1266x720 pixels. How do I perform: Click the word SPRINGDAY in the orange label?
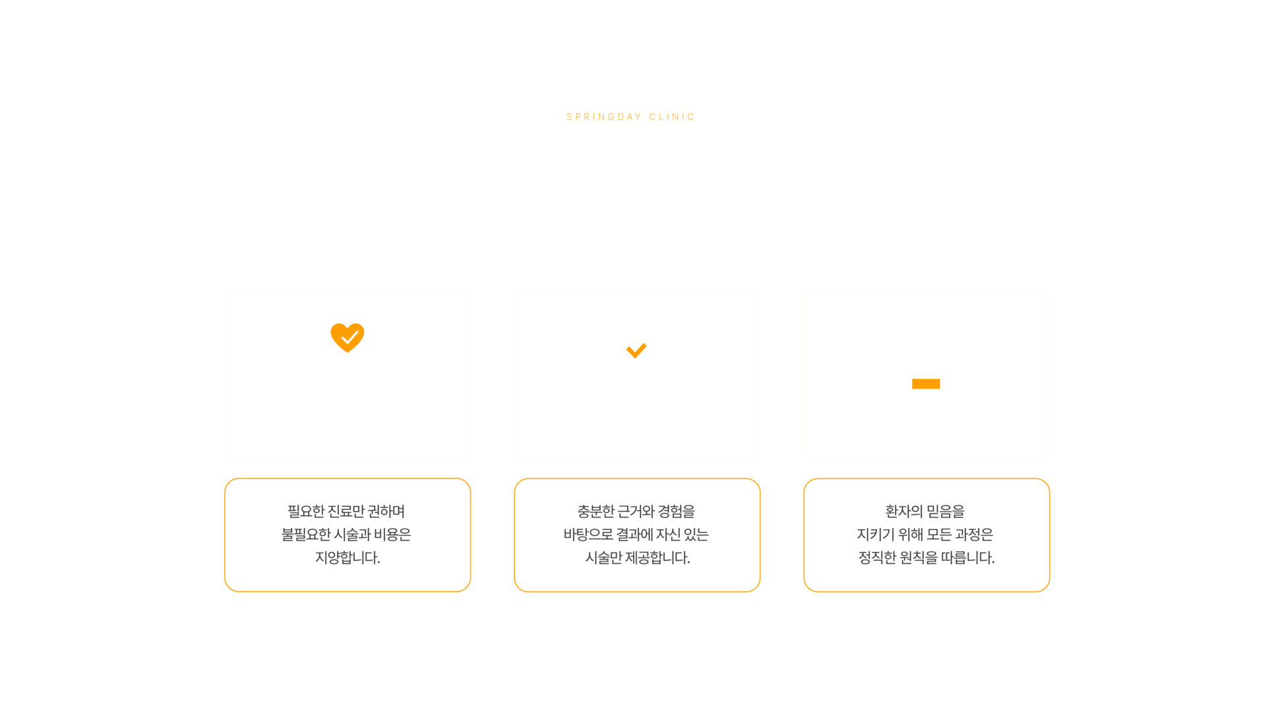click(603, 117)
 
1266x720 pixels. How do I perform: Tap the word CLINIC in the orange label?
click(671, 117)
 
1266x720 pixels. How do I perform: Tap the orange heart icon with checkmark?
click(347, 337)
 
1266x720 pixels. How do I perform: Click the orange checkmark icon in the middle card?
click(636, 350)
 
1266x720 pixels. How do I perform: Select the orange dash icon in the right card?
click(926, 384)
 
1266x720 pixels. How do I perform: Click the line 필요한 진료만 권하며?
click(346, 511)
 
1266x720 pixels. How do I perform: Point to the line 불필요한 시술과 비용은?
click(346, 535)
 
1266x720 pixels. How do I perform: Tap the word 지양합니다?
click(347, 558)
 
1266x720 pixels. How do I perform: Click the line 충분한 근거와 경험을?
click(636, 511)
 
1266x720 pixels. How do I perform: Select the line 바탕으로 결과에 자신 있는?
click(636, 535)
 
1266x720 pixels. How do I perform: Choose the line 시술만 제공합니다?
click(638, 558)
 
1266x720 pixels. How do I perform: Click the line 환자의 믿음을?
click(925, 511)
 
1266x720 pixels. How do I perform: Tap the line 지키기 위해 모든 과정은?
click(925, 535)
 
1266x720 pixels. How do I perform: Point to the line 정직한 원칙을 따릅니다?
click(926, 558)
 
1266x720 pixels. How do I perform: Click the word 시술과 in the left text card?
click(353, 535)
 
